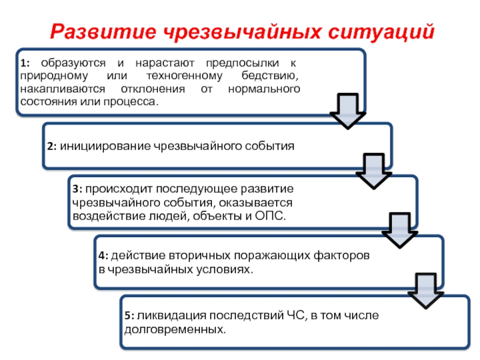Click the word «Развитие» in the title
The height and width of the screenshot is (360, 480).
pyautogui.click(x=98, y=30)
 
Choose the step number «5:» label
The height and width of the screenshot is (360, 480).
pyautogui.click(x=130, y=316)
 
